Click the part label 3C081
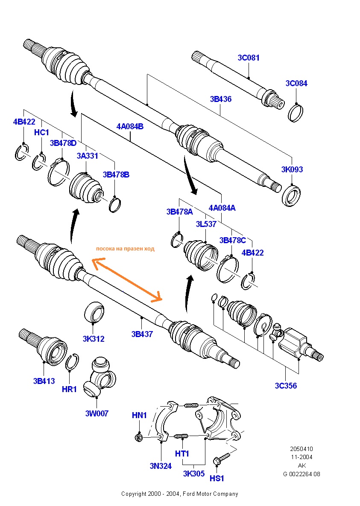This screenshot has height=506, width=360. coord(249,58)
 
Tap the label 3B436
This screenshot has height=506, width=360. coord(220,99)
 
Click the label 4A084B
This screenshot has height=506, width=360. coord(130,126)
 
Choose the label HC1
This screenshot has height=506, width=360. coord(41,132)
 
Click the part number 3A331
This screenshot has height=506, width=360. coord(87,156)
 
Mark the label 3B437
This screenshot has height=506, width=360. coord(142,334)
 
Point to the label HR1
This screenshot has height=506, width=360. coord(69,389)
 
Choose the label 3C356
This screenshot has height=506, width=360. coord(286,386)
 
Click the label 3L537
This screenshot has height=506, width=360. coord(206,224)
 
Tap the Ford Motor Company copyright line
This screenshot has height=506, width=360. coord(180,494)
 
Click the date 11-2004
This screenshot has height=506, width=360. coord(301,457)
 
